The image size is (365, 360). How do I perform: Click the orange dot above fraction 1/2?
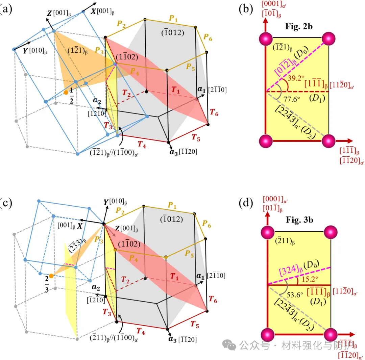point(66,92)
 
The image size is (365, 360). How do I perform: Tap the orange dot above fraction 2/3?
point(51,276)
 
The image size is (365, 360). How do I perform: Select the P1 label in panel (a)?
point(173,20)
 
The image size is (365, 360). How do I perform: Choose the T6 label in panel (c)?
point(213,299)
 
